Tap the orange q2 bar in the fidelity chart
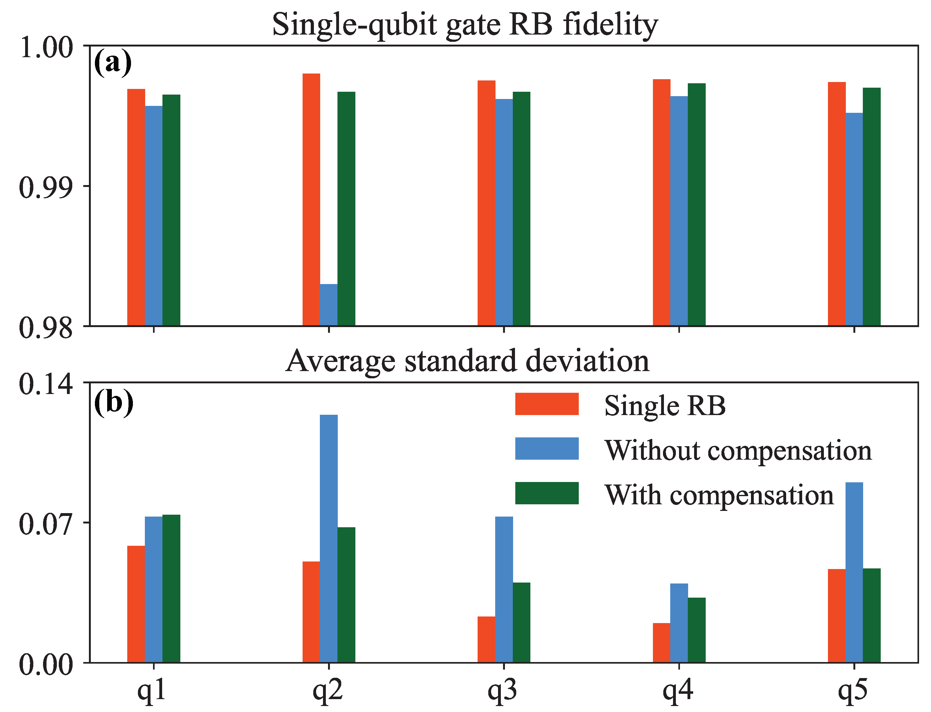(311, 199)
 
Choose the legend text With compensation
(718, 495)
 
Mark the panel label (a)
(112, 63)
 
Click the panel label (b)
(113, 401)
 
